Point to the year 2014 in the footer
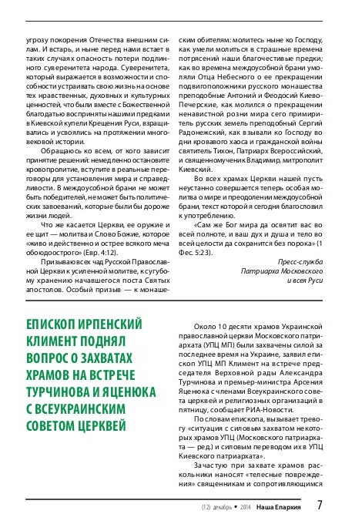tap(246, 506)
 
